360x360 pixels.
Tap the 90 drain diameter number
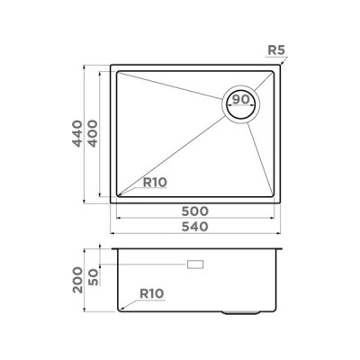click(x=240, y=100)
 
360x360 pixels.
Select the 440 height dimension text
click(x=79, y=133)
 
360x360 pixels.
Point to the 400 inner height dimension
click(x=94, y=133)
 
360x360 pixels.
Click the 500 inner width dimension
click(x=194, y=211)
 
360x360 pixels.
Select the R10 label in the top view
click(x=156, y=183)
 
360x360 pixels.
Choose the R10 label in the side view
click(x=154, y=292)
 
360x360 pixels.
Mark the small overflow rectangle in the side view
click(x=194, y=265)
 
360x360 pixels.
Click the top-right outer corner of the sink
click(x=280, y=64)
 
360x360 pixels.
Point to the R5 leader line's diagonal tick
click(x=282, y=62)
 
